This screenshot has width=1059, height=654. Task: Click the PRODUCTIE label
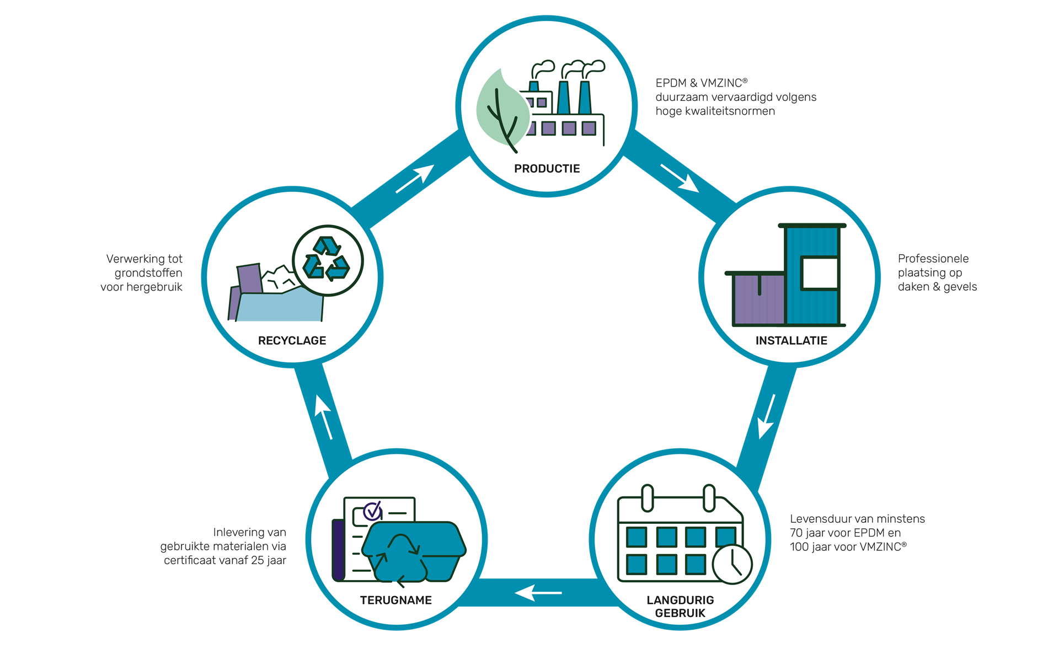tap(547, 169)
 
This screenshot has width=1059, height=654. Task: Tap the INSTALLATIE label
tap(791, 341)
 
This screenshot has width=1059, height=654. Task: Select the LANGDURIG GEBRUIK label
tap(680, 606)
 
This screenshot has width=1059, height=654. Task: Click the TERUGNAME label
tap(395, 600)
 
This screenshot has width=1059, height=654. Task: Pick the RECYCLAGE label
tap(292, 341)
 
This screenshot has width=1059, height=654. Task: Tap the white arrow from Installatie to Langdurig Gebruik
tap(767, 417)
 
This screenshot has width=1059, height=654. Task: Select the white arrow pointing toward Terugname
tap(538, 593)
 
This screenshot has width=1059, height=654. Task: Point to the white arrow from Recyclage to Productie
tap(415, 179)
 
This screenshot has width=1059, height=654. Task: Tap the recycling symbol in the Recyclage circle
tap(327, 259)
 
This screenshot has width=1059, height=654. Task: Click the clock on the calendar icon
tap(732, 564)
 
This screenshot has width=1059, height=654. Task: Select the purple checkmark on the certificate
tap(373, 511)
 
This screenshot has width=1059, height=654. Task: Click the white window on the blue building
tap(819, 273)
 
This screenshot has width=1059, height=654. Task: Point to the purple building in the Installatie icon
tap(758, 301)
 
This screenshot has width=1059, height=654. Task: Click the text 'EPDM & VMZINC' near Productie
tap(700, 83)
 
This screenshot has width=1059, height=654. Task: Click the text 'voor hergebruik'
tap(141, 287)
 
